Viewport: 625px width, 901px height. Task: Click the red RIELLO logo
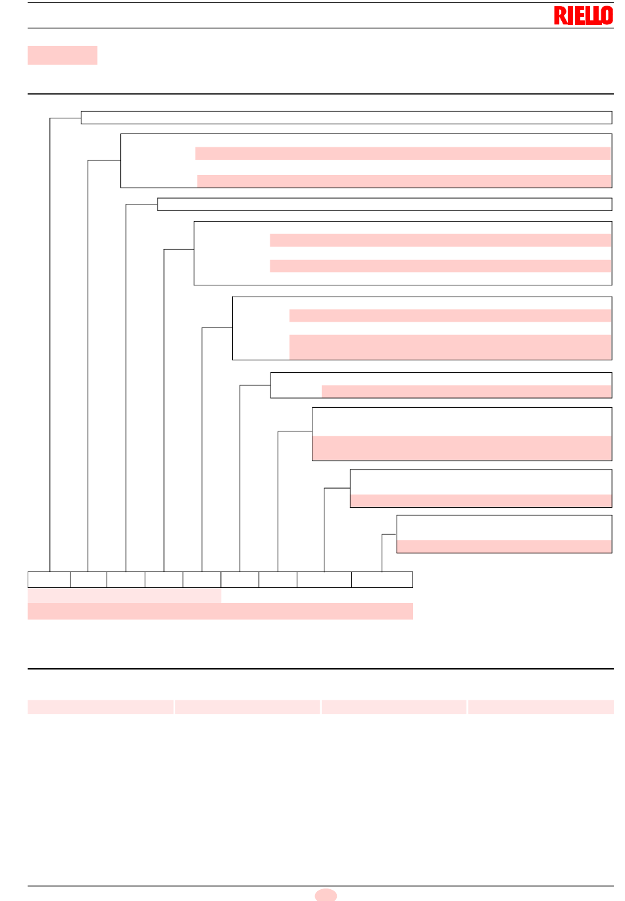[x=583, y=15]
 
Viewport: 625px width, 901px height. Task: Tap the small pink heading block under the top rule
[x=63, y=55]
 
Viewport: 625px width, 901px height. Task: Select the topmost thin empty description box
[x=346, y=118]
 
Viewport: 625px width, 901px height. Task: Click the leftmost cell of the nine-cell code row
[x=49, y=579]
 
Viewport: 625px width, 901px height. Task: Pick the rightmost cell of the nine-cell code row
[x=382, y=579]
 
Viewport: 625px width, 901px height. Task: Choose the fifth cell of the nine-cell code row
[x=202, y=579]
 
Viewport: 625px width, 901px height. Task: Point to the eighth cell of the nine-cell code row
[x=324, y=579]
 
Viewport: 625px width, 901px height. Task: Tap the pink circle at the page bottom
[x=326, y=895]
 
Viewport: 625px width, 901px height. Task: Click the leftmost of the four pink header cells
[x=100, y=707]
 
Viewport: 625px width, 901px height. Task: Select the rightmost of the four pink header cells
[x=541, y=707]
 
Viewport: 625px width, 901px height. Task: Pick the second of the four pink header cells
[x=247, y=707]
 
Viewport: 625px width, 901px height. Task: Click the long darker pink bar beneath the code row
[x=220, y=611]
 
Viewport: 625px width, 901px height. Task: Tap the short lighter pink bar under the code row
[x=124, y=596]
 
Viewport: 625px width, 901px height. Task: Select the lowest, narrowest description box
[x=504, y=534]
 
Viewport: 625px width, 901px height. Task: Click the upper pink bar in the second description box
[x=403, y=153]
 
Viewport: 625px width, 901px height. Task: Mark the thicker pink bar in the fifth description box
[x=451, y=347]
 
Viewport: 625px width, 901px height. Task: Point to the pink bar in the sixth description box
[x=466, y=391]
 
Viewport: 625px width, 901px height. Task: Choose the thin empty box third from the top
[x=385, y=205]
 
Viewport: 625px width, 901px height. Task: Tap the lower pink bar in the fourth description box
[x=441, y=266]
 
